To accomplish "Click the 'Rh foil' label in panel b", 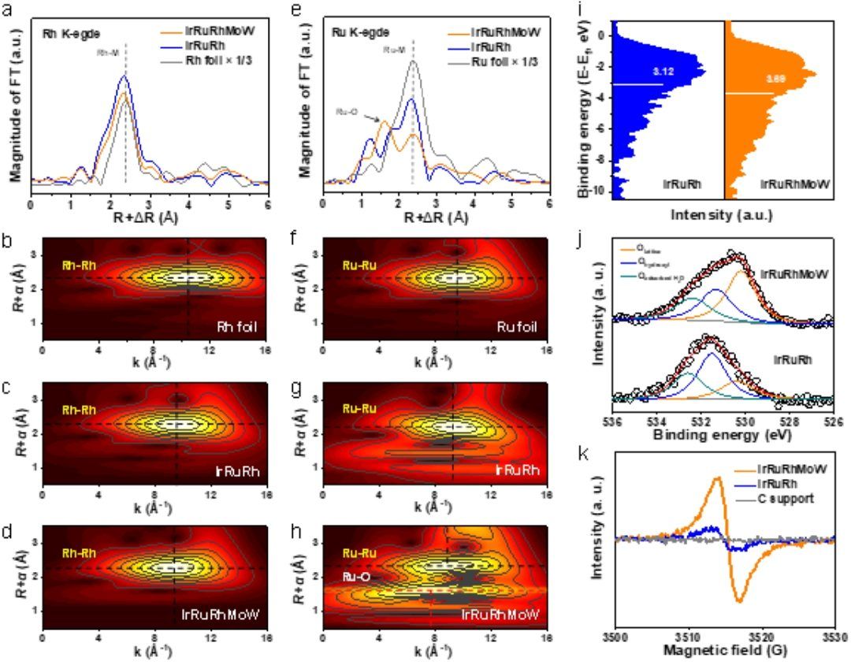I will click(x=240, y=325).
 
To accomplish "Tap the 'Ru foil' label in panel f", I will click(x=518, y=325).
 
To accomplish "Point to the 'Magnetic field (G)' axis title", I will click(x=724, y=652).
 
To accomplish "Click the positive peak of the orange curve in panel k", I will click(x=717, y=477).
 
